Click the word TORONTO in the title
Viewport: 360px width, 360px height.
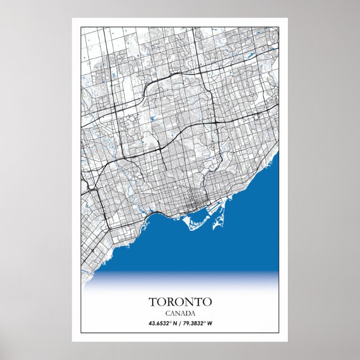tap(180, 302)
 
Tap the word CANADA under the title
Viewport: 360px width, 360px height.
tap(180, 313)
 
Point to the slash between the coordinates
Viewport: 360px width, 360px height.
tap(179, 323)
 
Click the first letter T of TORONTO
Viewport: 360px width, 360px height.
tap(152, 302)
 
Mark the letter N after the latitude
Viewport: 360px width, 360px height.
tap(173, 323)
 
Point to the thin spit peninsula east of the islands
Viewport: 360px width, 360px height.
tap(216, 224)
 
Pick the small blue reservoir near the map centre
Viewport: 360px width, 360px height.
tap(153, 119)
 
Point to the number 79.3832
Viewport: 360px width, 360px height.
tap(196, 323)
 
